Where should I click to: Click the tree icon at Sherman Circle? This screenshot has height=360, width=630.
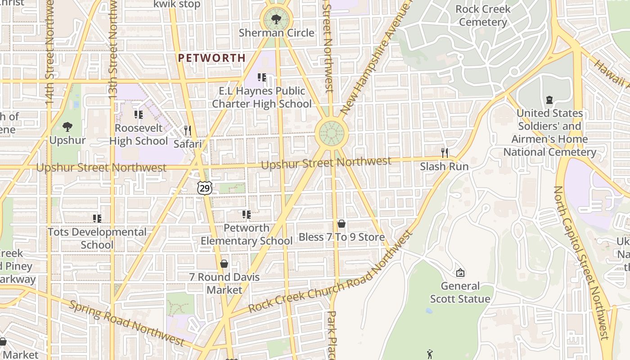click(276, 19)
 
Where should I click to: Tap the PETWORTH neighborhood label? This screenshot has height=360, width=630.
click(211, 58)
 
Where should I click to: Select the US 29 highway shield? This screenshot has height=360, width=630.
click(204, 188)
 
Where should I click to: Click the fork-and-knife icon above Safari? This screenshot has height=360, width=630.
click(187, 130)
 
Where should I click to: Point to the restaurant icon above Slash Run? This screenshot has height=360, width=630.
click(445, 153)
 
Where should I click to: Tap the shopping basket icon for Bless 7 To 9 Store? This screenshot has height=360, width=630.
click(342, 224)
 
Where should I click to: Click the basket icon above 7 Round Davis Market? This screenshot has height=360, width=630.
click(224, 263)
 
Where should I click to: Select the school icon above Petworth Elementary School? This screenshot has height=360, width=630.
click(247, 215)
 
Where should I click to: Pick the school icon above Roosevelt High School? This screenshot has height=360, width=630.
click(139, 115)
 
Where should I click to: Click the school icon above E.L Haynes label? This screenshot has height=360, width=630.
click(262, 77)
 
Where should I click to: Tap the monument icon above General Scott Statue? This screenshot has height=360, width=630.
click(460, 273)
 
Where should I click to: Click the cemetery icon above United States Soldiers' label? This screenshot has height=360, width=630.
click(549, 100)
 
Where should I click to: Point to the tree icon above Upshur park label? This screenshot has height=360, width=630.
click(67, 127)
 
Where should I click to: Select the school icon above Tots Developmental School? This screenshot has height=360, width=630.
click(97, 219)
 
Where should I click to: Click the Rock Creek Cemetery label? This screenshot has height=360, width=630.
click(483, 15)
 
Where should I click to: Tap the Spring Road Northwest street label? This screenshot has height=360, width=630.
click(126, 322)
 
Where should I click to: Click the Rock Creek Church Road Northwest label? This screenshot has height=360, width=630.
click(331, 273)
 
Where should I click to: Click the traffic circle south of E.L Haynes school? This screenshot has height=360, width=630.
click(332, 133)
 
